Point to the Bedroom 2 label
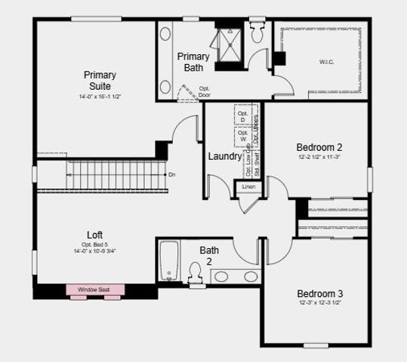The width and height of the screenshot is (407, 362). (319, 147)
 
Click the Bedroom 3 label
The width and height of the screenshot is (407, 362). (319, 293)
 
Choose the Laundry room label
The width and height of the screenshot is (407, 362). (225, 157)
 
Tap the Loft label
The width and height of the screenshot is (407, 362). (95, 235)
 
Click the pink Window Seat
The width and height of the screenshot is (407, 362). (95, 290)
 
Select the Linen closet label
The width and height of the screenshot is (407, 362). (248, 186)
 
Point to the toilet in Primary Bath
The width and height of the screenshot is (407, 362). (256, 33)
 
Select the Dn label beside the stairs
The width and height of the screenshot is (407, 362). (172, 174)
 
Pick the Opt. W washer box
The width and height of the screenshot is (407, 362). (242, 137)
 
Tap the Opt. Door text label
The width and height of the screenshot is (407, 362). (205, 91)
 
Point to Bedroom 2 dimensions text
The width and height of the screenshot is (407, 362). (319, 157)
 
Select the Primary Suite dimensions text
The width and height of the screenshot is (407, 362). (100, 97)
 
